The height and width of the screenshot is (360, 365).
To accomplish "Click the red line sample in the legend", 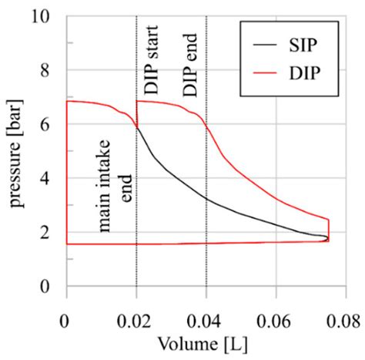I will [263, 75].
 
